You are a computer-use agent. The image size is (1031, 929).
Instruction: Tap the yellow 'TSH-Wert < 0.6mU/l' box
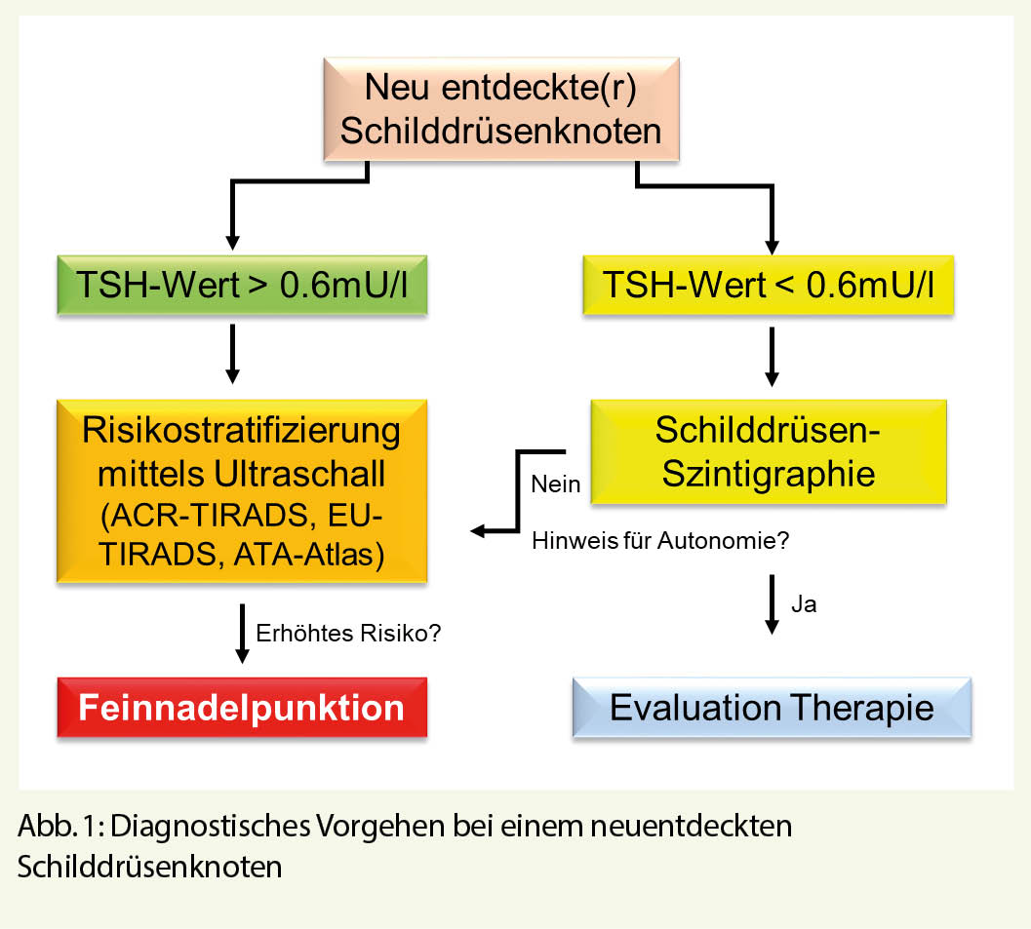click(768, 287)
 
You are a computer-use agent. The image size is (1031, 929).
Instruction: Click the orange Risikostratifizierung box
click(242, 490)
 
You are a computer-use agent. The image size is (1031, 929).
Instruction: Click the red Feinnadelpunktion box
click(242, 708)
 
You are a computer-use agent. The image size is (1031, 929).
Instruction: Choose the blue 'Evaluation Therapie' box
click(772, 708)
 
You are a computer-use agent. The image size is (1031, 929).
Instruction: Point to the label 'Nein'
click(556, 484)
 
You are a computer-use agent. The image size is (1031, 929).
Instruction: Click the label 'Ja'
click(804, 604)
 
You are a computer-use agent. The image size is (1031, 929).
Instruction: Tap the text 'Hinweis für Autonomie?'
click(659, 541)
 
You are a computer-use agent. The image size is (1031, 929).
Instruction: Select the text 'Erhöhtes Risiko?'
click(348, 633)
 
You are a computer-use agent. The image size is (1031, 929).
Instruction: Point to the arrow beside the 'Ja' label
click(773, 604)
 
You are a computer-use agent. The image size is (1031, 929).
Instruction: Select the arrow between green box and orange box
click(232, 352)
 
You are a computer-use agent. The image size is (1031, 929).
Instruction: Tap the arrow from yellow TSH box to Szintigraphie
click(773, 356)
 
